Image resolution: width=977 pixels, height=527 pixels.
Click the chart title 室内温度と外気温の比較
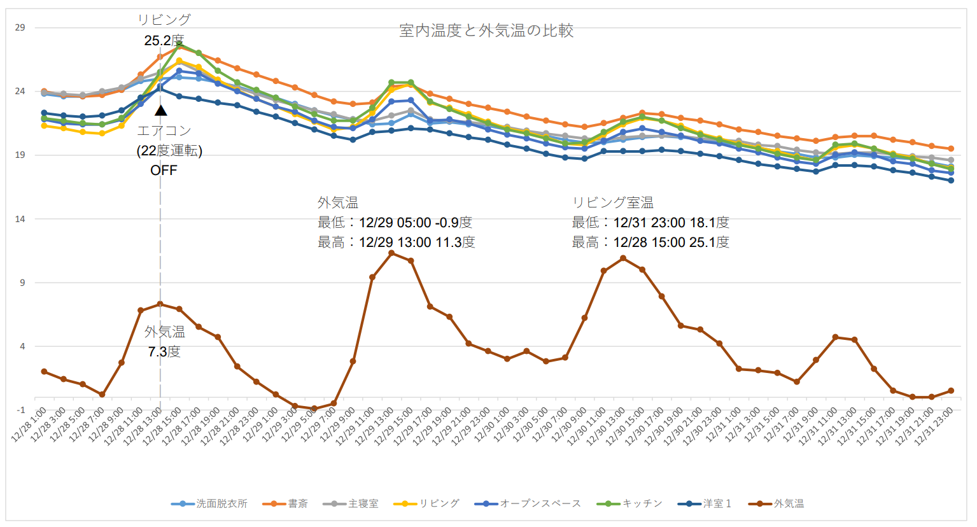(486, 31)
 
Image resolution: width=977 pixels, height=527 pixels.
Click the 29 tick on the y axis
(20, 27)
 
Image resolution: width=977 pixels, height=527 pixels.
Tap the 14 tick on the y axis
(20, 219)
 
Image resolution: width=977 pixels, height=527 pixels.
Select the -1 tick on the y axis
(20, 410)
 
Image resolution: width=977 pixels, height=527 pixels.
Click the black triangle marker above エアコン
(161, 111)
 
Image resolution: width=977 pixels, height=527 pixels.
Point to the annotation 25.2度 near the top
(164, 41)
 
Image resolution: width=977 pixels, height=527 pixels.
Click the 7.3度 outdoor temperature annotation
(164, 351)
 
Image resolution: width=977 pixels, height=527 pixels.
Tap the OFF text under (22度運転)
(164, 171)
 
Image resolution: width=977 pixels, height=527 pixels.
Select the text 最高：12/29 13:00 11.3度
(396, 242)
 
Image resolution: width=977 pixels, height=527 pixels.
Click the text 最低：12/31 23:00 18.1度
(650, 223)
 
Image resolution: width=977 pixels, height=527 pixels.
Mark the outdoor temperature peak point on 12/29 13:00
(391, 253)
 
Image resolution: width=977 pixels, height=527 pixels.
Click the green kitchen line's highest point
(179, 45)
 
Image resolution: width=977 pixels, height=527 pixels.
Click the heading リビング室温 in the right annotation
(612, 202)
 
